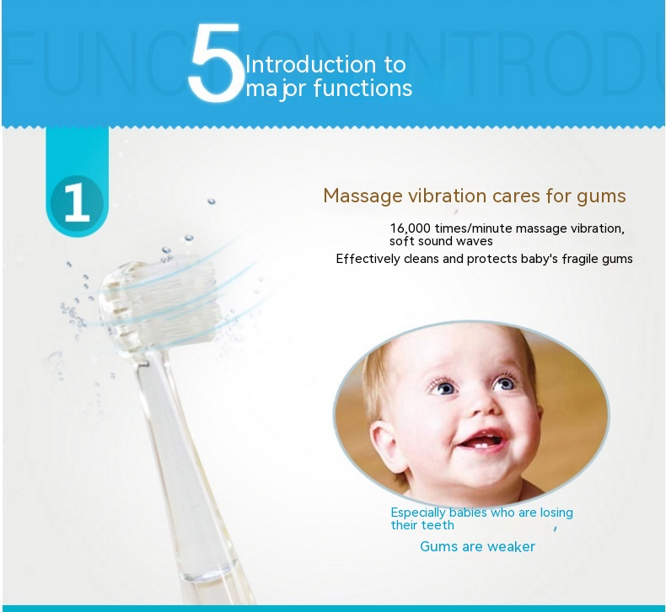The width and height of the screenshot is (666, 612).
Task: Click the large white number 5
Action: pyautogui.click(x=216, y=62)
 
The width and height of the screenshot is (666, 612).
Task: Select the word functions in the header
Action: pyautogui.click(x=363, y=89)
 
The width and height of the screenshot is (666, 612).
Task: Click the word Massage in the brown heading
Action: pyautogui.click(x=363, y=196)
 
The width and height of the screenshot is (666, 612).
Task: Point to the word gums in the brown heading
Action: pyautogui.click(x=601, y=197)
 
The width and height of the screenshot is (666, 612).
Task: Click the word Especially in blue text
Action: pyautogui.click(x=417, y=513)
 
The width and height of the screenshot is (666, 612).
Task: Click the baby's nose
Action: pyautogui.click(x=483, y=406)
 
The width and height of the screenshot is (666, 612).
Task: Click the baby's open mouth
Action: pyautogui.click(x=483, y=442)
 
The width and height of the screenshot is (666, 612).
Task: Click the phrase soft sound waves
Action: pyautogui.click(x=441, y=242)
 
